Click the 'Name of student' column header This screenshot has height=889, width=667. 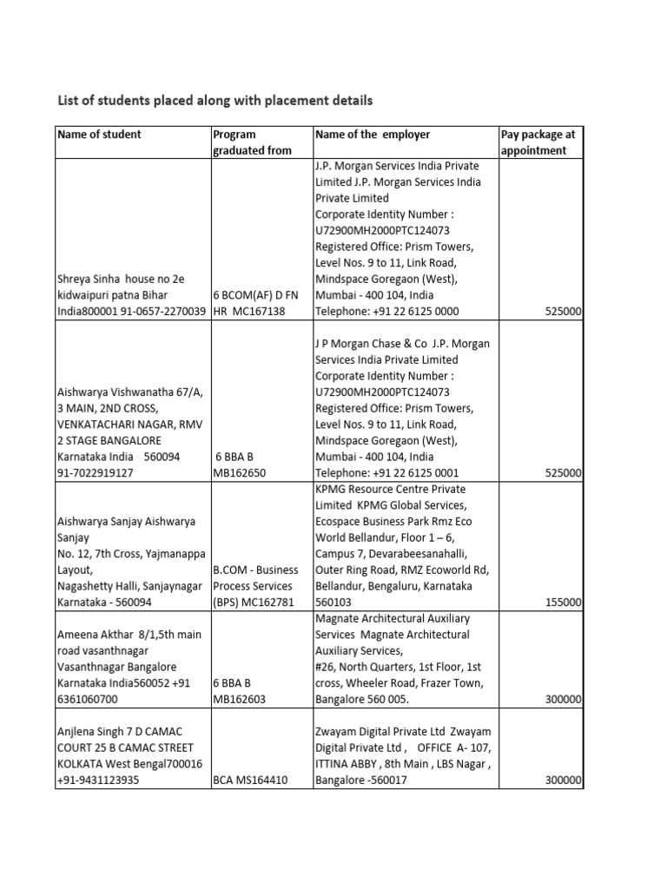coord(99,135)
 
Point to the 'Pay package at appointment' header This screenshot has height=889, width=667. coord(538,142)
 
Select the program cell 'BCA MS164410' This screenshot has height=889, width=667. coord(249,780)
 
